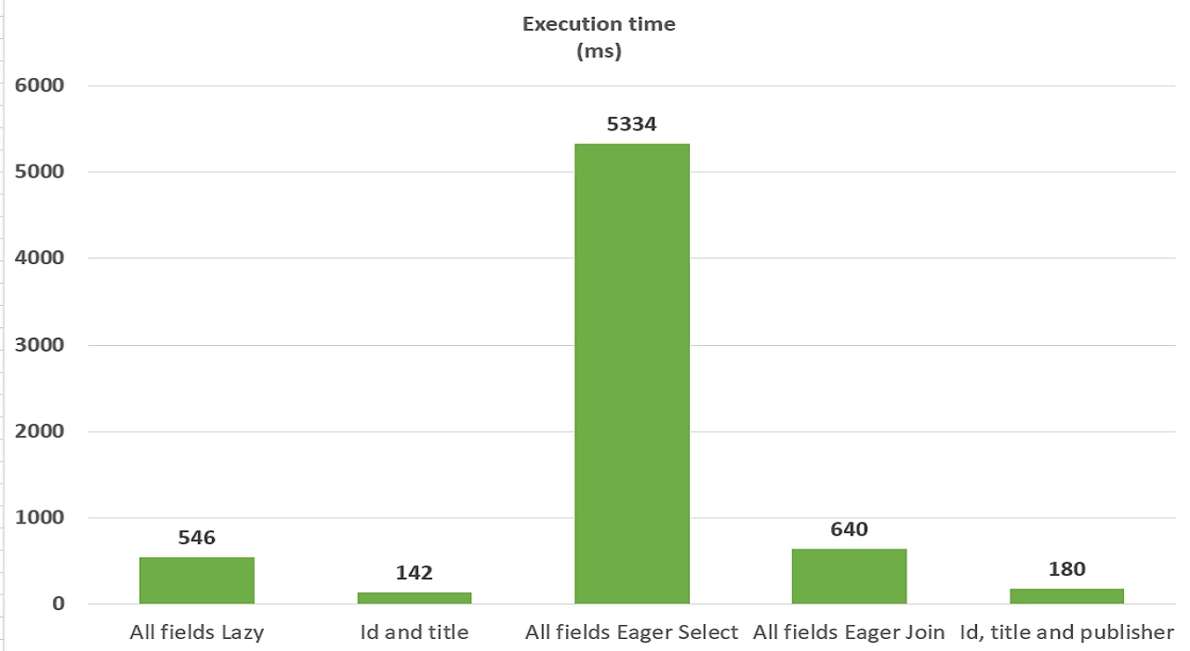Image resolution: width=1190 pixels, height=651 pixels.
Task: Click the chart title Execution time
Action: [599, 24]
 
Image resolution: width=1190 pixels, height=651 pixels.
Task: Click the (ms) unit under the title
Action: [599, 52]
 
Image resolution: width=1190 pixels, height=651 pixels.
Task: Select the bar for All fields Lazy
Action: [196, 580]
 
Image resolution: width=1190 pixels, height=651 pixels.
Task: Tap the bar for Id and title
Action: [414, 598]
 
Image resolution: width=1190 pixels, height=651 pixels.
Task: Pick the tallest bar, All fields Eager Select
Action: [632, 372]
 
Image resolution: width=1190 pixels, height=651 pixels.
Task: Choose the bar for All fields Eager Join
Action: [849, 576]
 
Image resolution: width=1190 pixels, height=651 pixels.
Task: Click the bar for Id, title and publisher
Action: [1066, 596]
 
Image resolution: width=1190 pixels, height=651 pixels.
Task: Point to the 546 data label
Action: [196, 538]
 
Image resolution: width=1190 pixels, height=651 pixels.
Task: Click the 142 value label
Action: [414, 573]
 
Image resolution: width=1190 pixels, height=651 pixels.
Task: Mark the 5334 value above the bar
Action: [632, 124]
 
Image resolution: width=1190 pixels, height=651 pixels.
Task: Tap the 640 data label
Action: [849, 529]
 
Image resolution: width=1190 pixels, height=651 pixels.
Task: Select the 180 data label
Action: [1066, 569]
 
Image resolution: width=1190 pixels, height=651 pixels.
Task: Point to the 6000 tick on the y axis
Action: [40, 86]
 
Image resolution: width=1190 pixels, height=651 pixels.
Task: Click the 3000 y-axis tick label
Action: [40, 345]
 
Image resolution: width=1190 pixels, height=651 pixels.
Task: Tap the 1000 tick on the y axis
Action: [40, 518]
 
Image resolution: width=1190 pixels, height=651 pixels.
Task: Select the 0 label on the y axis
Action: [59, 604]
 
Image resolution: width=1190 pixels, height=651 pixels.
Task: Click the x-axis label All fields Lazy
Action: [196, 633]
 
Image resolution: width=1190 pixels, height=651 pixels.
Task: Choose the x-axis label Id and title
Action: [414, 633]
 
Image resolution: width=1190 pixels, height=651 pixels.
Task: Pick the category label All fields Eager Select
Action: [632, 633]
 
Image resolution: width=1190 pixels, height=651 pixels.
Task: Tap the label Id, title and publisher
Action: [1066, 633]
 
